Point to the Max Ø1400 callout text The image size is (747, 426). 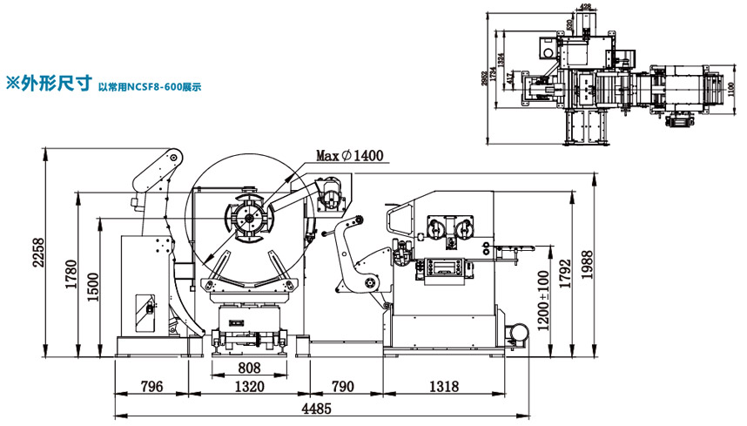[x=349, y=156]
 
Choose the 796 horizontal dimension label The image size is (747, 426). [x=152, y=386]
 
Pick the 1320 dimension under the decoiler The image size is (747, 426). [x=250, y=386]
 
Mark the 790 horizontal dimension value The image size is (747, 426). [x=342, y=386]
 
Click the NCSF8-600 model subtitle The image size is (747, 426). [x=150, y=87]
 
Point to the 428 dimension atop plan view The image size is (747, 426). [x=585, y=8]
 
